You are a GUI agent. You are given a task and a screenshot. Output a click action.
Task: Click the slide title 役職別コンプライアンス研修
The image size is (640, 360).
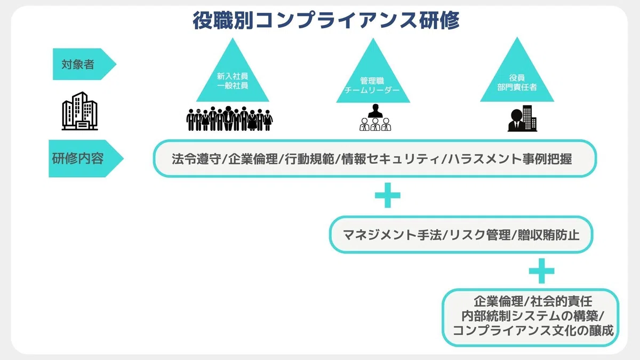pos(326,20)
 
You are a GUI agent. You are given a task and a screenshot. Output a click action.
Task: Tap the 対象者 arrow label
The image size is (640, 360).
pos(84,64)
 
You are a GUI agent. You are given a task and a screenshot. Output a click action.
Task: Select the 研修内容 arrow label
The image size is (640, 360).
pos(86,158)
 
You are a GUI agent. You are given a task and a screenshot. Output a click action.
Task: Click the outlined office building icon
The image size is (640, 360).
pos(79,111)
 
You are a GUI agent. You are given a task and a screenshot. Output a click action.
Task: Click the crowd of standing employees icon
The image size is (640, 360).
pos(229,118)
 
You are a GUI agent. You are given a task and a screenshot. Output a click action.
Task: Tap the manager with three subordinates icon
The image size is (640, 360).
pos(375,117)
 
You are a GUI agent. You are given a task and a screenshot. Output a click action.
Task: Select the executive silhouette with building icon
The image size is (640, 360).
pos(522,118)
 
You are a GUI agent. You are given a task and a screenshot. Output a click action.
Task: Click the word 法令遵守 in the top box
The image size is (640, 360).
pos(196,159)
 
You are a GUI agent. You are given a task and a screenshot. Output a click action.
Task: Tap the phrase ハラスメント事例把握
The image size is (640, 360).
pos(510,159)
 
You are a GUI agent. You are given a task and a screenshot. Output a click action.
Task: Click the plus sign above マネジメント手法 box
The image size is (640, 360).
pos(387,195)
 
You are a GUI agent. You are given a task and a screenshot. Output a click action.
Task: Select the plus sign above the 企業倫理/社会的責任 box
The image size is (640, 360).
pos(542,271)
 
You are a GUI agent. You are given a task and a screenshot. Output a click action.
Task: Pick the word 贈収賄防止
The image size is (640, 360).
pos(549,235)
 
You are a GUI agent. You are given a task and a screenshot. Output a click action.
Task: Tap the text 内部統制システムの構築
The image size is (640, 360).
pos(530,316)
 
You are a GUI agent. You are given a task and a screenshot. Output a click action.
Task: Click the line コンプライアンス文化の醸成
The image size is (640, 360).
pos(533,331)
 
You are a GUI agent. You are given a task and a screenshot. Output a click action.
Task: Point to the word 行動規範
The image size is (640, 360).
pos(309,159)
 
